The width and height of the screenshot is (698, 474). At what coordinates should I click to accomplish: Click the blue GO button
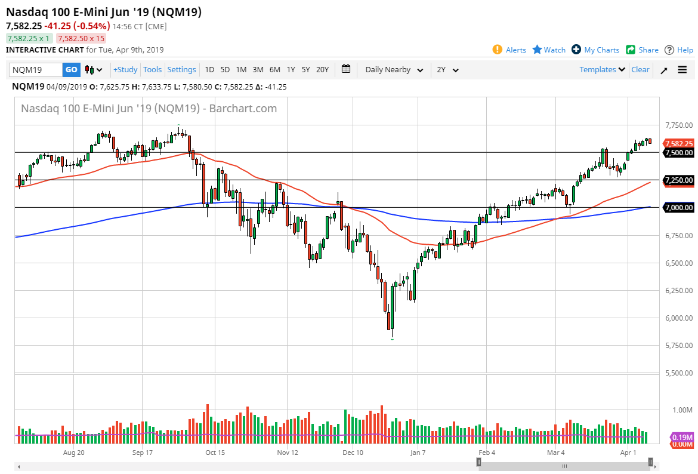71,70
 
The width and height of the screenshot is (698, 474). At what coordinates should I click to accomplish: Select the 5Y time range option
305,70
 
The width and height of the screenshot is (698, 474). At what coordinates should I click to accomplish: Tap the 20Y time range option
322,70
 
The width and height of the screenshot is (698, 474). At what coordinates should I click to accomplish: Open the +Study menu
125,70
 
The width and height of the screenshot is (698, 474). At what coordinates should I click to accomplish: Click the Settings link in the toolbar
181,70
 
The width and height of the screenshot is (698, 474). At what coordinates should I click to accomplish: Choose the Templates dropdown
603,70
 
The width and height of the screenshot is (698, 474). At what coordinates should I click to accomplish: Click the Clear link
640,70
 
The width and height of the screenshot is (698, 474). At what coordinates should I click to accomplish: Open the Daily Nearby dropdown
394,70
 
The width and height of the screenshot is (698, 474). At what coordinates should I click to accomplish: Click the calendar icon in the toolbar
346,69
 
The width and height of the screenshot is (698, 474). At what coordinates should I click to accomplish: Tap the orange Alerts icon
498,50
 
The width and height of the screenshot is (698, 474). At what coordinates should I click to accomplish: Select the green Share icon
631,50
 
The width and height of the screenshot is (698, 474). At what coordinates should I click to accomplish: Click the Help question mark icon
669,50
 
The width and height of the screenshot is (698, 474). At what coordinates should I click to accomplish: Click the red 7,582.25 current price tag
680,143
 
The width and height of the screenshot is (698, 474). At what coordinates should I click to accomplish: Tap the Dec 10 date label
353,453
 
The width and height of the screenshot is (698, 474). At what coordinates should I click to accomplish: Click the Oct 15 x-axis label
215,453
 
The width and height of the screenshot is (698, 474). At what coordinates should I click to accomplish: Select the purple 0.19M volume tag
682,437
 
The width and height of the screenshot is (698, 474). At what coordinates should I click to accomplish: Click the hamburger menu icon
682,70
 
